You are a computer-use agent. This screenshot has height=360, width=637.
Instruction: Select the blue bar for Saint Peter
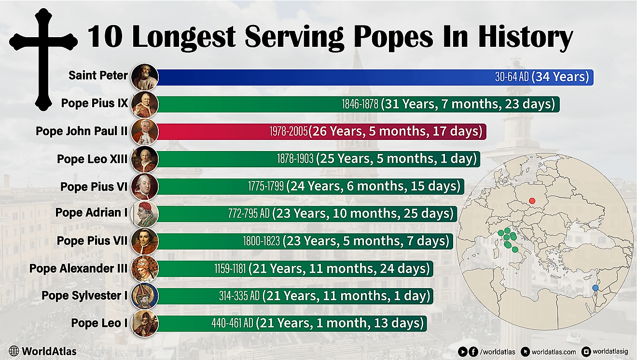(x=314, y=77)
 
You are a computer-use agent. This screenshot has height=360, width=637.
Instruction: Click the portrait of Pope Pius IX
(x=144, y=104)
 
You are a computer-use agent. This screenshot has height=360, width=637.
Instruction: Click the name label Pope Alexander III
(x=79, y=268)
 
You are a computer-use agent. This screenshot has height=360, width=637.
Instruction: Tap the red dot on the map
(x=532, y=201)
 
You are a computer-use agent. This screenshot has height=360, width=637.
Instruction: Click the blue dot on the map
(x=595, y=288)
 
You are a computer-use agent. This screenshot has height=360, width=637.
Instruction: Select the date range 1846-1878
(x=360, y=104)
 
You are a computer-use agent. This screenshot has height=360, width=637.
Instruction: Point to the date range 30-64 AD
(x=512, y=77)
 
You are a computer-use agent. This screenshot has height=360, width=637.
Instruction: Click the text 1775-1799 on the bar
(x=266, y=186)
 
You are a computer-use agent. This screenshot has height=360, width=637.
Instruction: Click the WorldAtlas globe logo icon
(x=14, y=351)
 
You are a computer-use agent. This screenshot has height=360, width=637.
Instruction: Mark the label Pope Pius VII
(x=92, y=240)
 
